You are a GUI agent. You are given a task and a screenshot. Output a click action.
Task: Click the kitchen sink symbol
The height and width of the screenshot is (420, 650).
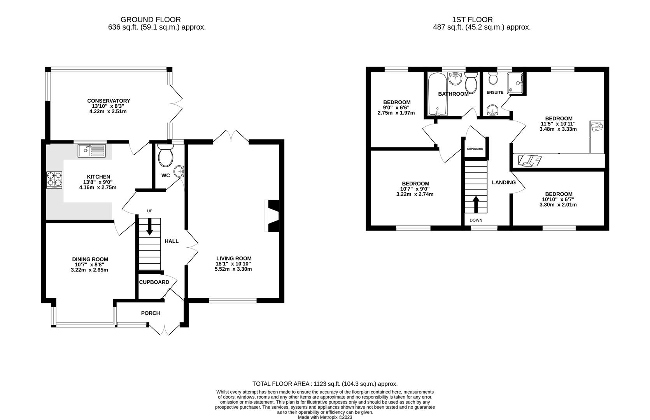tap(91, 150)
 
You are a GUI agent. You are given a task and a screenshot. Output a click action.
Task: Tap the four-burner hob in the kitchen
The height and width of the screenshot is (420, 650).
tap(54, 181)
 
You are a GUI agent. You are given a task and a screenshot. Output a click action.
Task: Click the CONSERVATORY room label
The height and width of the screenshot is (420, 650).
tap(109, 101)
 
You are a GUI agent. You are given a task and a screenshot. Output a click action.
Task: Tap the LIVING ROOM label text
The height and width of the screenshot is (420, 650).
tap(234, 258)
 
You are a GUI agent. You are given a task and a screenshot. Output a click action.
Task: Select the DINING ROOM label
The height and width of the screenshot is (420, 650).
tap(90, 259)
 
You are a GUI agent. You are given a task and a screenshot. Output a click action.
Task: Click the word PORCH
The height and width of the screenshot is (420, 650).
tap(151, 313)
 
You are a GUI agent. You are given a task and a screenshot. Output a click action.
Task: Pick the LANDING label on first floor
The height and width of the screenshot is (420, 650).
tap(504, 182)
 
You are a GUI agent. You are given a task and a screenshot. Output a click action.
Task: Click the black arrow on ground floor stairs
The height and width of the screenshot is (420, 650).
tap(149, 229)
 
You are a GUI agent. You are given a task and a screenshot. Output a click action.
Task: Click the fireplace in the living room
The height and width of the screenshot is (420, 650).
tap(273, 216)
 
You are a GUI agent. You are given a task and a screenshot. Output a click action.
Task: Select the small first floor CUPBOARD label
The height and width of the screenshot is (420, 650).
tap(475, 149)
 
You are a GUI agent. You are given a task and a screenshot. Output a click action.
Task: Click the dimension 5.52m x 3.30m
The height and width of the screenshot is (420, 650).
tap(233, 269)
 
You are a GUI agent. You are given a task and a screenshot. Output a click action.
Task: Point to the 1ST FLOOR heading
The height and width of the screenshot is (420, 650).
tap(472, 19)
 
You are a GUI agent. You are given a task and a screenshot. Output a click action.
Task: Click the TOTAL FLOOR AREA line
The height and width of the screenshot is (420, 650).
tap(325, 383)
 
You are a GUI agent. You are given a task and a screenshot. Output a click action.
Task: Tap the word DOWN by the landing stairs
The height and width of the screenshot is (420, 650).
tap(476, 220)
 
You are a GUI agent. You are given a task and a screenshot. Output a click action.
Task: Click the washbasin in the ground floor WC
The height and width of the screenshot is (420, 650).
tap(180, 170)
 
